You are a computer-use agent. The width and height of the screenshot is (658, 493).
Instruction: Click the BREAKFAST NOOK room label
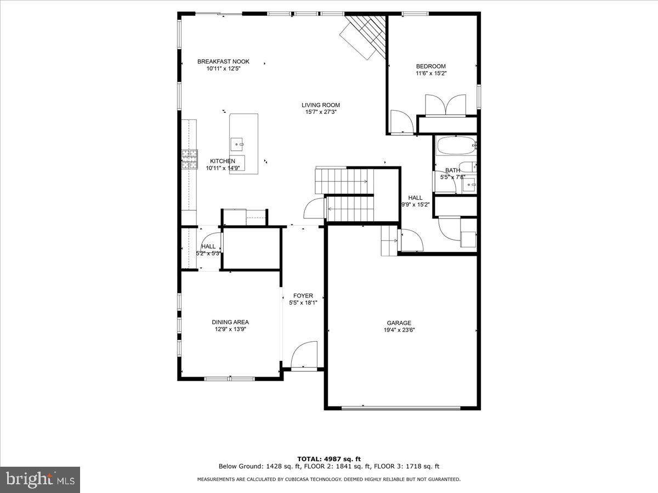[223, 61]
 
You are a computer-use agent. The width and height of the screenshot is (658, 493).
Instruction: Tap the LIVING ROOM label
[321, 105]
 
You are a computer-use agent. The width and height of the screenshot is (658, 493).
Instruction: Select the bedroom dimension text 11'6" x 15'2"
[431, 73]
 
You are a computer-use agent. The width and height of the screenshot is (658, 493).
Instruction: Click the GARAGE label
[399, 323]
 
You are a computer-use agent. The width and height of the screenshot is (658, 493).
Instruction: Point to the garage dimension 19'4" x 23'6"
[399, 330]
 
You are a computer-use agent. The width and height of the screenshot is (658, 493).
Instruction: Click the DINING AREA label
[230, 322]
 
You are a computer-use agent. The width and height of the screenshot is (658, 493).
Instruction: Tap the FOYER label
[303, 296]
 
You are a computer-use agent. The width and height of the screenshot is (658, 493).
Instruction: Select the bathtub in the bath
[455, 146]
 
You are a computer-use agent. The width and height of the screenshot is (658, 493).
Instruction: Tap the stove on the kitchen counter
[190, 159]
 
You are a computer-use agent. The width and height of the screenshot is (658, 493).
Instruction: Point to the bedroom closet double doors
[446, 105]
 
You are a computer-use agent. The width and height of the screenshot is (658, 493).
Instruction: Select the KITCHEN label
[223, 161]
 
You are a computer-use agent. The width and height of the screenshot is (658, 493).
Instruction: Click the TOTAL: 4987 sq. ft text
[329, 459]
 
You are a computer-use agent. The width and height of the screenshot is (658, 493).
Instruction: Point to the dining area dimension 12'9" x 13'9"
[230, 329]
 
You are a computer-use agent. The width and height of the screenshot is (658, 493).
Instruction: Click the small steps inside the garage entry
[388, 241]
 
